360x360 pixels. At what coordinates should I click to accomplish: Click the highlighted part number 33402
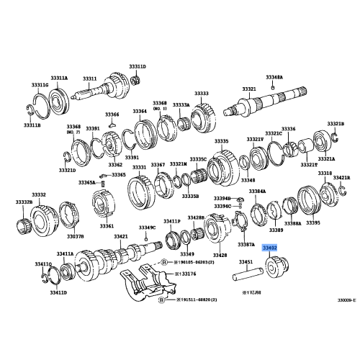[x=271, y=247]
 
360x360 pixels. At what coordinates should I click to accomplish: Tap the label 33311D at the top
[x=137, y=66]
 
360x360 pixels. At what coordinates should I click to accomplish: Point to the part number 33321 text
[x=248, y=89]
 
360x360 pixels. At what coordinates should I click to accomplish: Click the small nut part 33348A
[x=274, y=85]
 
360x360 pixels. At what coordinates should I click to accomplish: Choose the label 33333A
[x=180, y=105]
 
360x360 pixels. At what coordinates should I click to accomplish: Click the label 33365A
[x=86, y=183]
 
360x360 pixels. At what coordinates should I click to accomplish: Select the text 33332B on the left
[x=24, y=202]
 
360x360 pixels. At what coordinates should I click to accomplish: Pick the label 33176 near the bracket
[x=186, y=274]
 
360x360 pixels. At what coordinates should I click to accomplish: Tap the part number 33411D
[x=58, y=292]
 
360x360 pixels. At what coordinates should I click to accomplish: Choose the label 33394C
[x=222, y=206]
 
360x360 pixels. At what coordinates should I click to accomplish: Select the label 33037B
[x=76, y=235]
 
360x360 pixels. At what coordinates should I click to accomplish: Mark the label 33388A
[x=292, y=224]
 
